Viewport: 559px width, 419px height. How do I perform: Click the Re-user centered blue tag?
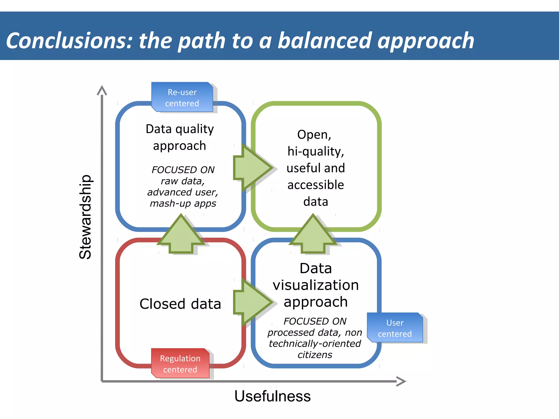tap(182, 97)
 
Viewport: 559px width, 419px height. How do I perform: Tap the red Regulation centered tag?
tap(180, 363)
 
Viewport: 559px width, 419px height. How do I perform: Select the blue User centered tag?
tap(395, 328)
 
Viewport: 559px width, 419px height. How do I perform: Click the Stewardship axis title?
tap(85, 217)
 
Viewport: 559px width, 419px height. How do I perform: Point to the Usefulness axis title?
tap(272, 396)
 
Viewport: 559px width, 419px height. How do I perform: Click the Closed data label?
tap(180, 304)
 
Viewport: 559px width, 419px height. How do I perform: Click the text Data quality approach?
tap(180, 137)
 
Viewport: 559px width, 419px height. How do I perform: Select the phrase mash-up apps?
tap(183, 203)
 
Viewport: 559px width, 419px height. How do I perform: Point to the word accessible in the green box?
tap(316, 185)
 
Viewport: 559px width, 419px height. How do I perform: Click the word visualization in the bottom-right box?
tap(316, 285)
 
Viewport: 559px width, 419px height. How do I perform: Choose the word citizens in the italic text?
tap(315, 355)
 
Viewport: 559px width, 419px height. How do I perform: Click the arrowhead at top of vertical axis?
tap(102, 90)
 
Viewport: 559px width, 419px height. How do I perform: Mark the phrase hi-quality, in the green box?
tap(316, 151)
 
